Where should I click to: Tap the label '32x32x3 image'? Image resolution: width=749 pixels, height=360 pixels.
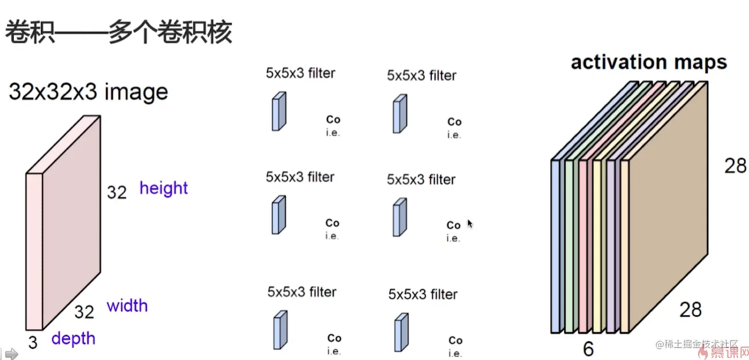point(88,92)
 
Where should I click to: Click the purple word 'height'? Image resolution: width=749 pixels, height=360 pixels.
point(163,188)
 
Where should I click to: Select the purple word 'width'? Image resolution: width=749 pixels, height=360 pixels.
point(127,306)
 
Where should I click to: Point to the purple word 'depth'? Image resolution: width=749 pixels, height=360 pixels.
point(73,339)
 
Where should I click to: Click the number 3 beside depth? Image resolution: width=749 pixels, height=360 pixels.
point(33,342)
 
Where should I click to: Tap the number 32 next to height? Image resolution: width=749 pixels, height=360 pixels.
point(117,192)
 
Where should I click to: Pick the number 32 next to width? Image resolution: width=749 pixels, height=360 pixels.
point(84,312)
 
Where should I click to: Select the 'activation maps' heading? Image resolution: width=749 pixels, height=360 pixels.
point(649,63)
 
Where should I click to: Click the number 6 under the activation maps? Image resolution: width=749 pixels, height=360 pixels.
point(588,349)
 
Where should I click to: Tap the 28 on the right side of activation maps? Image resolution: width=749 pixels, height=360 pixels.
point(735,166)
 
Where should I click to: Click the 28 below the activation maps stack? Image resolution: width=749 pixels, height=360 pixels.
point(691,309)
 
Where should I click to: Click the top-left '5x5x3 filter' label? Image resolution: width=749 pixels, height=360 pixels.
point(301,73)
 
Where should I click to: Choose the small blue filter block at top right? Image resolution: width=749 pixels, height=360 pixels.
point(399,114)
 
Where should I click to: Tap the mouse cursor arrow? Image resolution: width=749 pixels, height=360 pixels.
point(470,223)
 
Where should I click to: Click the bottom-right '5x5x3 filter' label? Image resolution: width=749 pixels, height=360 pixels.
point(423,295)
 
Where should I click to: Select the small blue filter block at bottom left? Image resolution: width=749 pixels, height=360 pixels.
point(280,330)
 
